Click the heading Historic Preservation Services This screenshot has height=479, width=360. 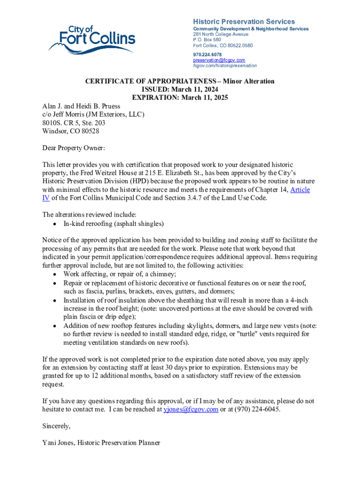tap(244, 22)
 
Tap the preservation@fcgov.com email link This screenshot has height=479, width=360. tap(219, 60)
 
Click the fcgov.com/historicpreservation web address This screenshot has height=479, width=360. tap(225, 66)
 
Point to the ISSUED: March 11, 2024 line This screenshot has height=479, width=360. tap(180, 89)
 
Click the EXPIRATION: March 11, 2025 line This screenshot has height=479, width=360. tap(180, 98)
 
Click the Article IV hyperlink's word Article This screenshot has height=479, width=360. tap(300, 190)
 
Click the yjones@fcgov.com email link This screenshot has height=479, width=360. tap(191, 409)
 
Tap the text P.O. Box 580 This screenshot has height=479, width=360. tap(207, 40)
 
